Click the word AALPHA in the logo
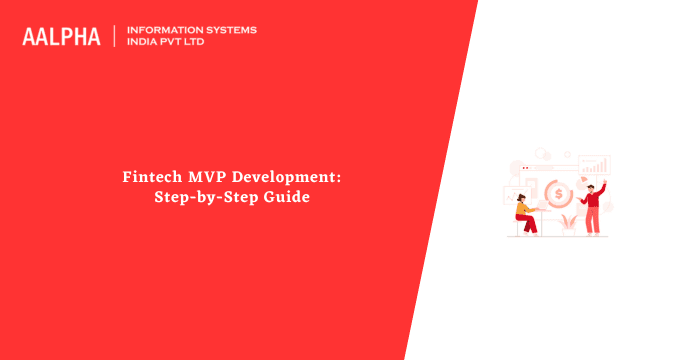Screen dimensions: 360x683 [61, 37]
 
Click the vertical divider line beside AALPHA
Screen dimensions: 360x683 [115, 36]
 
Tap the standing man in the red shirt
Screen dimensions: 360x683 [591, 207]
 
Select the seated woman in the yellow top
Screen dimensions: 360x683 [524, 212]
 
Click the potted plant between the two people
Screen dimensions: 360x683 [568, 223]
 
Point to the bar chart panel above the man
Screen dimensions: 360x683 [595, 165]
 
